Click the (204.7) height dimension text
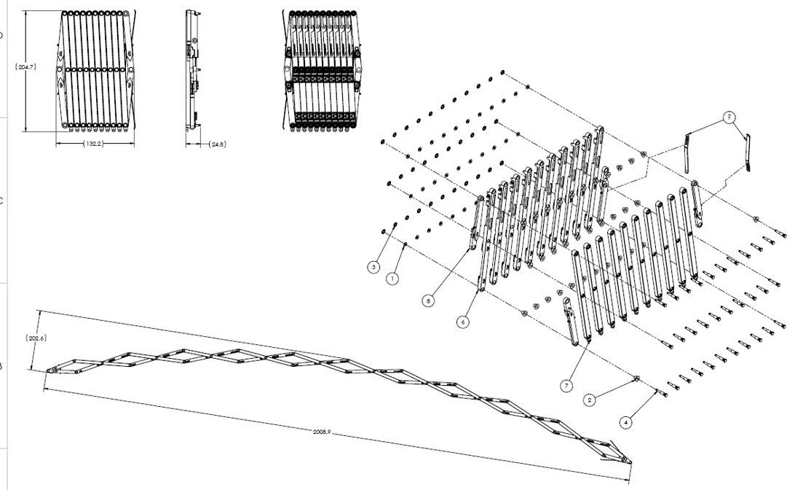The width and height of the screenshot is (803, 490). point(26,67)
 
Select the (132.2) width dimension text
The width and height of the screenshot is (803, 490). point(94,144)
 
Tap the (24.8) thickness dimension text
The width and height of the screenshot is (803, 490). point(217,144)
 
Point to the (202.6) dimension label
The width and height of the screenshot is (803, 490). point(36,338)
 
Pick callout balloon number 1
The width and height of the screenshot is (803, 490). point(392,278)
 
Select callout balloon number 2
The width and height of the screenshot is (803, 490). point(590,400)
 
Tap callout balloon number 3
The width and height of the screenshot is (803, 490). point(373,268)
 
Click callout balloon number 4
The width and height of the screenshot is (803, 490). point(625,421)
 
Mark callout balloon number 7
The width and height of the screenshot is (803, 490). point(565,384)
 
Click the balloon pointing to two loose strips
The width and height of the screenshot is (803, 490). point(729,117)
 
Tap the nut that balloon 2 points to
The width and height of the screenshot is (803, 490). point(636,378)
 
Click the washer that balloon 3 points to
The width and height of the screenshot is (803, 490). point(384,231)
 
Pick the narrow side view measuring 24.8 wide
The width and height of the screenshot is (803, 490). point(193,71)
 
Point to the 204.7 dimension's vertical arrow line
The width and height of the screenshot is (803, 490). point(26,102)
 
